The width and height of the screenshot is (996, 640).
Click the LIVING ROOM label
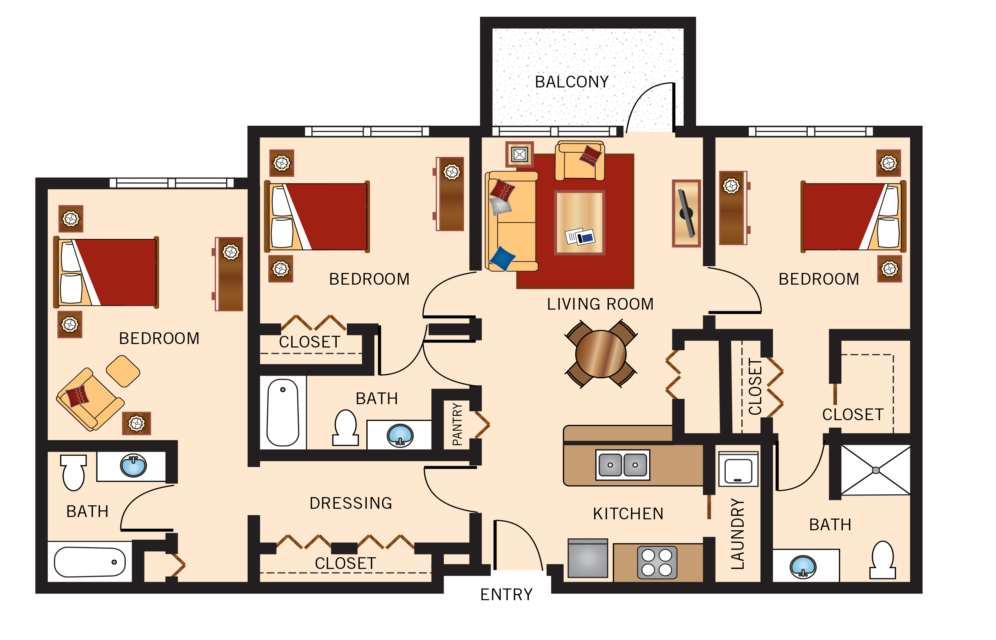click(600, 304)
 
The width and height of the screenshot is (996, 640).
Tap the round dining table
click(600, 354)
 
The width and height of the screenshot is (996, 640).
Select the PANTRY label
click(457, 424)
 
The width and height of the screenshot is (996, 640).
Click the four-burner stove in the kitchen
click(657, 562)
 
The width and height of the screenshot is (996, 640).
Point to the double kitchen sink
click(622, 465)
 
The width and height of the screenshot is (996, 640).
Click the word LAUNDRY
click(737, 534)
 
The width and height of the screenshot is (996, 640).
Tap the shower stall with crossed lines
click(875, 470)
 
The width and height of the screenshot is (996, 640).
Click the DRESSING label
click(351, 503)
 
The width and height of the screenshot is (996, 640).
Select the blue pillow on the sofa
click(502, 258)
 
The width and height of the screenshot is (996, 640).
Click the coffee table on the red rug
click(579, 223)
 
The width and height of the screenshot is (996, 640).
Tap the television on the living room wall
click(686, 213)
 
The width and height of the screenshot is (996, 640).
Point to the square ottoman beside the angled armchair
click(123, 371)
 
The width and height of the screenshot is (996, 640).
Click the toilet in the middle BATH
click(345, 428)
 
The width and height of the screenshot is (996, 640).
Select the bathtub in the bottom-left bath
click(90, 562)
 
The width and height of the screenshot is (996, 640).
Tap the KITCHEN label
click(628, 514)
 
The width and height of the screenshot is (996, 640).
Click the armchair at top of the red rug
click(580, 161)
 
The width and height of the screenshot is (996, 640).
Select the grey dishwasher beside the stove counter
click(587, 558)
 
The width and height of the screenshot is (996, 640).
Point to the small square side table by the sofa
click(519, 155)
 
